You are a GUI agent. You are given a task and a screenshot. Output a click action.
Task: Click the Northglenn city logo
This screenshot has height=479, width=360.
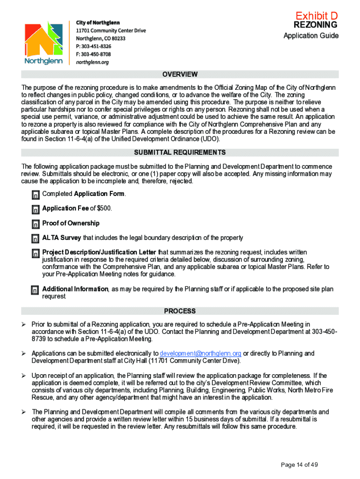point(43,43)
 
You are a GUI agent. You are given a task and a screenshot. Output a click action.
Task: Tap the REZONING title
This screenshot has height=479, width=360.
point(315,25)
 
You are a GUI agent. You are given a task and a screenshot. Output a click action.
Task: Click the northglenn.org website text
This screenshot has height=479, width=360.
point(92,62)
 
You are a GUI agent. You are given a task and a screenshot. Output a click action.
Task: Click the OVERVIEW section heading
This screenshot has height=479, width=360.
point(180,74)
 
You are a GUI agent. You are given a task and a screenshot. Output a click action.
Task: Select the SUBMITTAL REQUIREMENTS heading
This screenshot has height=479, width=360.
point(180,152)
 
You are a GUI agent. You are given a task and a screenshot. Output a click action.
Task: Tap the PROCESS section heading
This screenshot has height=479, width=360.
point(180,311)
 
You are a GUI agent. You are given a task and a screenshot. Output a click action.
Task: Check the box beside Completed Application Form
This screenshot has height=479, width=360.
point(36,195)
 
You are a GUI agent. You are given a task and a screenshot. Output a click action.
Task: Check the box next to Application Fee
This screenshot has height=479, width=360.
point(36,209)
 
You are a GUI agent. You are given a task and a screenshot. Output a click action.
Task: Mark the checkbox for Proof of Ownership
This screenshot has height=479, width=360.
point(36,224)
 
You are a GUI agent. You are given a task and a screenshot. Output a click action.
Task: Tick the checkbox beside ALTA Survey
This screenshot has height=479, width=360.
point(36,239)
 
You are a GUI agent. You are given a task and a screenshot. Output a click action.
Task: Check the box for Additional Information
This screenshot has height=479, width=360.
point(36,290)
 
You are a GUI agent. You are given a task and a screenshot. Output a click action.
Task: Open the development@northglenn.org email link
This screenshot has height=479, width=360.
point(200,353)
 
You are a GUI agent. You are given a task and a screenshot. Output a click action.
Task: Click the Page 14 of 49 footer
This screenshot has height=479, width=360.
point(299,464)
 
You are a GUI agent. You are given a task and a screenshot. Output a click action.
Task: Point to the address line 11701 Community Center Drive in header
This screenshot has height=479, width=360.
point(111,30)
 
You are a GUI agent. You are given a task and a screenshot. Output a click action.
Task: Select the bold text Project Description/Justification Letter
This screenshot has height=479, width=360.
point(99,252)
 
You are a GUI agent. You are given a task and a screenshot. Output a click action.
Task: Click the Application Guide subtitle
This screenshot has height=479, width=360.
point(311,36)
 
